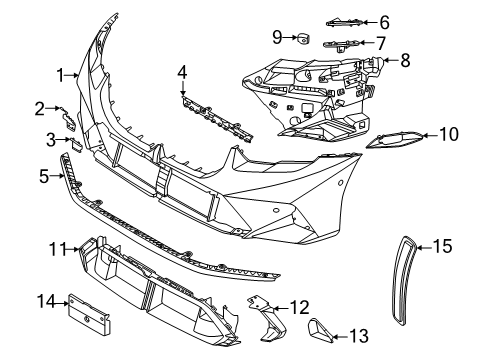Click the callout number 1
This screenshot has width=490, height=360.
(x=60, y=73)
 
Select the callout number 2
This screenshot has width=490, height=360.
(x=39, y=107)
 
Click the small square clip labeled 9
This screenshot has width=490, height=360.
(x=301, y=39)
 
